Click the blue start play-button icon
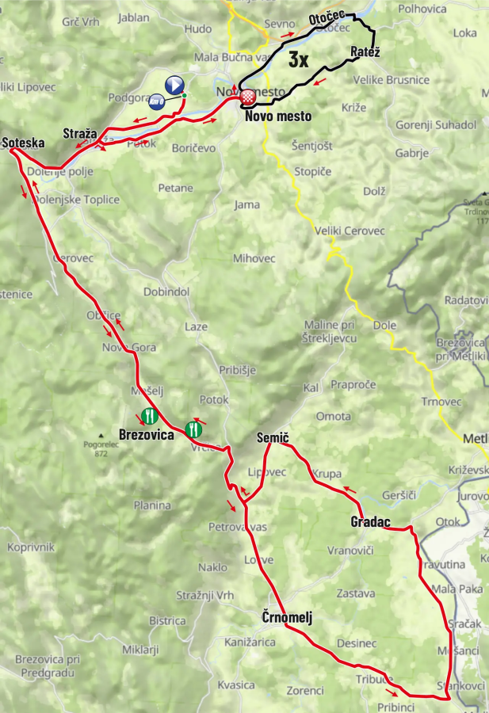pyautogui.click(x=174, y=84)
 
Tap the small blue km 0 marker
pyautogui.click(x=157, y=101)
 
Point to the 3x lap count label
pyautogui.click(x=298, y=59)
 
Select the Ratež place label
pyautogui.click(x=365, y=52)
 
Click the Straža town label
pyautogui.click(x=79, y=133)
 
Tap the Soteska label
pyautogui.click(x=23, y=143)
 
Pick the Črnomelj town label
pyautogui.click(x=287, y=617)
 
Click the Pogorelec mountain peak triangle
pyautogui.click(x=101, y=435)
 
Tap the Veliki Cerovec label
pyautogui.click(x=350, y=231)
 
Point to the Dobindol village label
pyautogui.click(x=166, y=292)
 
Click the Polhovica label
pyautogui.click(x=422, y=9)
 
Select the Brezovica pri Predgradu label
pyautogui.click(x=48, y=665)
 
